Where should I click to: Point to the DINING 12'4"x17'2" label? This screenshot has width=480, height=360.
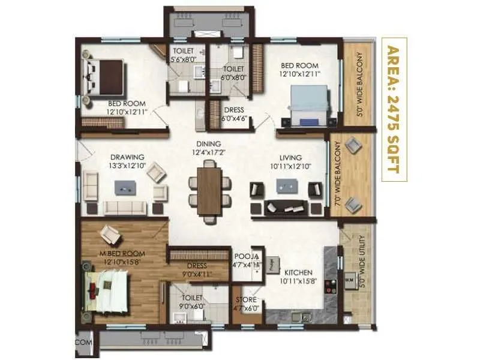208,148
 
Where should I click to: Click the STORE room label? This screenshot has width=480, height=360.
245,304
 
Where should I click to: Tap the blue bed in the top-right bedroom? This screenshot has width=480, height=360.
310,103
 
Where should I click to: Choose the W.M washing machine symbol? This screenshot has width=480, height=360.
349,280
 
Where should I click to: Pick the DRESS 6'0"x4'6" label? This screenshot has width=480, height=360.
233,114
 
